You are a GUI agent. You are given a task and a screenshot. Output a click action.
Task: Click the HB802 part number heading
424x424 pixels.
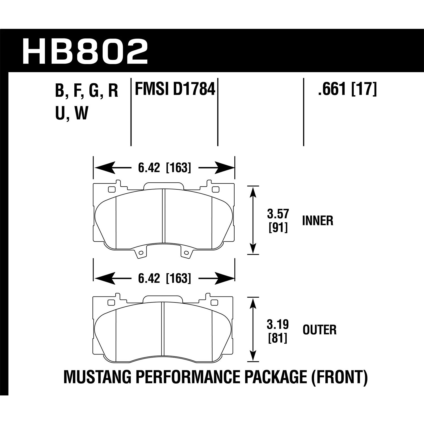point(85,51)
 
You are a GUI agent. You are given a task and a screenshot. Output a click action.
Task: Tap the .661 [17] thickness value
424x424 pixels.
point(347,90)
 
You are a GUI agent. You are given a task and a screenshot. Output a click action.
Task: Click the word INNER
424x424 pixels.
point(318,221)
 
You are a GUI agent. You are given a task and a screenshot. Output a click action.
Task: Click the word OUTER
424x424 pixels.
point(319,330)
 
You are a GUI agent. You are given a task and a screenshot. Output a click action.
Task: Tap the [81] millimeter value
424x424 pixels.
point(278,338)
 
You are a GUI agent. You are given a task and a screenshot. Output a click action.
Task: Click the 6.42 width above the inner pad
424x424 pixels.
point(149,168)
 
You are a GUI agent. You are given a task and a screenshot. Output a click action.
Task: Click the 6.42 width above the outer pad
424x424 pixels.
point(149,278)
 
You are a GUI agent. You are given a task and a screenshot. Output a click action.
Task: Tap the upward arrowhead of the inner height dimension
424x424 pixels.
point(253,191)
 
